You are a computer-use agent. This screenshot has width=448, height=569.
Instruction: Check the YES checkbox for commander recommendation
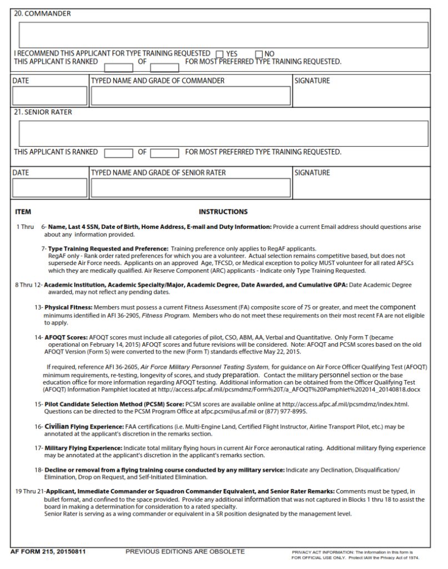tap(219, 54)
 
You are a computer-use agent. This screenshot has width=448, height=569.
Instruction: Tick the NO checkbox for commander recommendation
tap(259, 54)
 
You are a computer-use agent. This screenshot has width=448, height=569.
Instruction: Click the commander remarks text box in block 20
tap(224, 35)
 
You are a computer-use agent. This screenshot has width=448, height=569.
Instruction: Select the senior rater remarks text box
tap(224, 133)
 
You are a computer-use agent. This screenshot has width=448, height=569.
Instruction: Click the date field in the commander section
tap(50, 96)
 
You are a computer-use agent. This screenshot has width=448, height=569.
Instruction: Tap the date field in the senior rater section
tap(50, 188)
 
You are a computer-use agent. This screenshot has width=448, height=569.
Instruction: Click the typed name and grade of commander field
tap(191, 96)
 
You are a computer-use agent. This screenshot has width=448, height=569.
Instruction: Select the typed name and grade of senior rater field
tap(191, 188)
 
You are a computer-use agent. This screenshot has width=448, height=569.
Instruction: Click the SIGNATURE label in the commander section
tap(312, 81)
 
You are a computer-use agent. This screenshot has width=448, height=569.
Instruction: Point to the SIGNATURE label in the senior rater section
tap(312, 173)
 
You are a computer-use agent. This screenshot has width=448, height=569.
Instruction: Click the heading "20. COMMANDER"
tap(42, 13)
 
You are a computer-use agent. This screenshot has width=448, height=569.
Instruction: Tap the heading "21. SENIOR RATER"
tap(43, 112)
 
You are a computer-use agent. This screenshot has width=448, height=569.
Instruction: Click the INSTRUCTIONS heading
tap(223, 212)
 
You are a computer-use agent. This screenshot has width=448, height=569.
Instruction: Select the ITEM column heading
tap(23, 212)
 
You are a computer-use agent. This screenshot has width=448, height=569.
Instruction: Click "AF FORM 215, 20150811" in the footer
tap(48, 552)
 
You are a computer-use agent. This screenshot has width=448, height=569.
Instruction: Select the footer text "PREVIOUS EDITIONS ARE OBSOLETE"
tap(185, 552)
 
